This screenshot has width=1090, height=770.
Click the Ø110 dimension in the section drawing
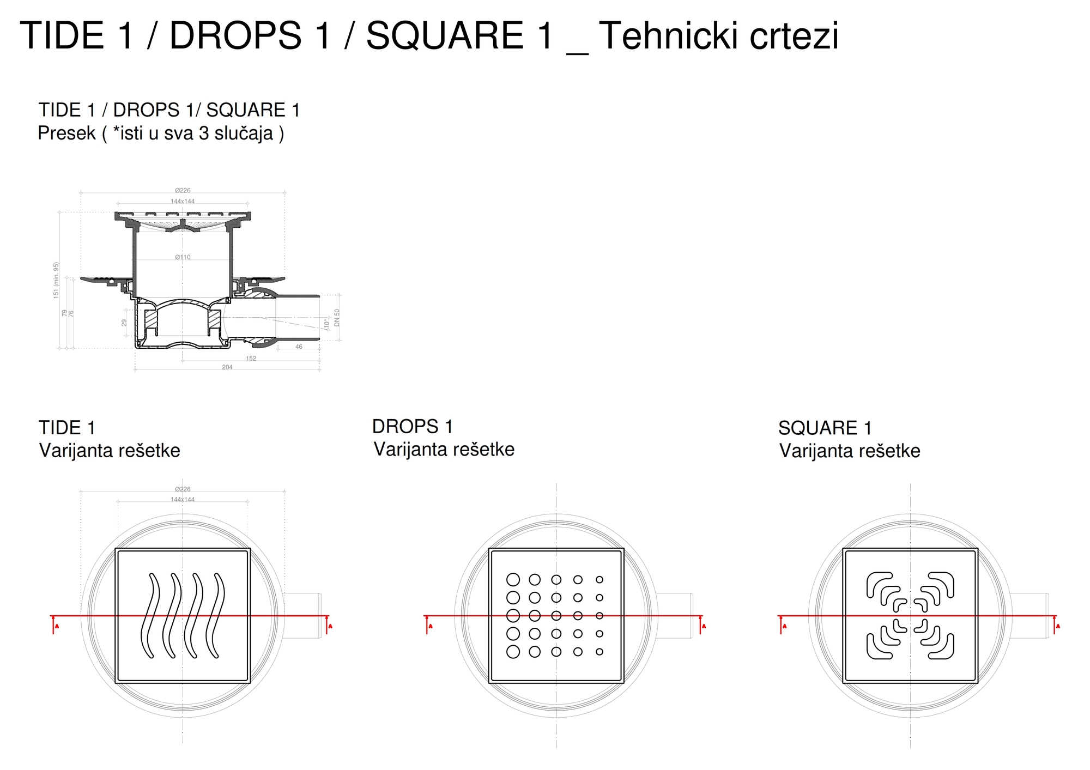pos(183,257)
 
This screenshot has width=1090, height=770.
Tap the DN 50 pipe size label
pos(337,317)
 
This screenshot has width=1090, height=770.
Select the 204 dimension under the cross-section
pos(227,367)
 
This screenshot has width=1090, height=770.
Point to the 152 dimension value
pos(251,359)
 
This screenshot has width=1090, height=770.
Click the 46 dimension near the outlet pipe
pos(299,347)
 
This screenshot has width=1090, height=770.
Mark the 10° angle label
pos(326,323)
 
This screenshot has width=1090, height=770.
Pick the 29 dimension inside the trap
pos(124,323)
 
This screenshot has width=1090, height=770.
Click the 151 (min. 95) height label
pos(56,280)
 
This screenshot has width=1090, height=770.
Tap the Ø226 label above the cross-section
pos(183,190)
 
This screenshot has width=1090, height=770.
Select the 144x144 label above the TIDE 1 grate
pos(183,499)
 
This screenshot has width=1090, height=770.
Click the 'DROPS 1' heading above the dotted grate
pos(413,426)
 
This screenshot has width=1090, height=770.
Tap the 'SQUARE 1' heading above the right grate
pos(825,428)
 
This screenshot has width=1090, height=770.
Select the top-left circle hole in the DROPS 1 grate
pos(513,579)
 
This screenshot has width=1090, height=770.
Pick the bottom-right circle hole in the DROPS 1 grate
pos(599,651)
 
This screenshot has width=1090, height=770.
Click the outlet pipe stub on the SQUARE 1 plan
pos(1029,616)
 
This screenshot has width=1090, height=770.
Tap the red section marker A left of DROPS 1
pos(429,625)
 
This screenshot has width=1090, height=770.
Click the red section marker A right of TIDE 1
pos(329,625)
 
